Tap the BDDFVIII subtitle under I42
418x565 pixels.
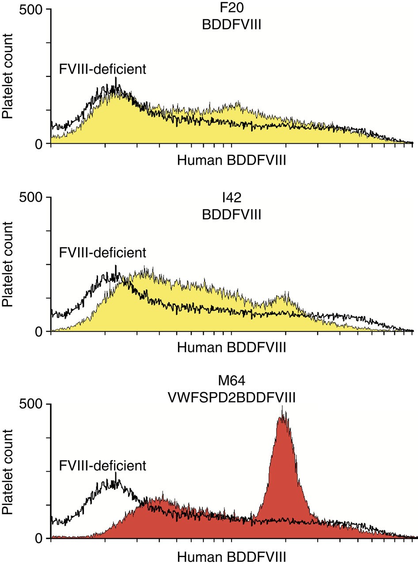tap(232, 215)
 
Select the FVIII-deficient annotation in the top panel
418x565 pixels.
tap(103, 69)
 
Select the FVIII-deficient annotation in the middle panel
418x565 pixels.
tap(103, 253)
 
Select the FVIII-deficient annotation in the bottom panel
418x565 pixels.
tap(103, 466)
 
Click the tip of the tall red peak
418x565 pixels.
tap(282, 407)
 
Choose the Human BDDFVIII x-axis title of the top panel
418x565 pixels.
tap(232, 160)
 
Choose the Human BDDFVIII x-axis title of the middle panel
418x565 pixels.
tap(232, 347)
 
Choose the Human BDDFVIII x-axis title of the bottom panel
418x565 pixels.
tap(232, 555)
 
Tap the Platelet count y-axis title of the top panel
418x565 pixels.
tap(8, 77)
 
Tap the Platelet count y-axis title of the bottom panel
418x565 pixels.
tap(8, 473)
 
